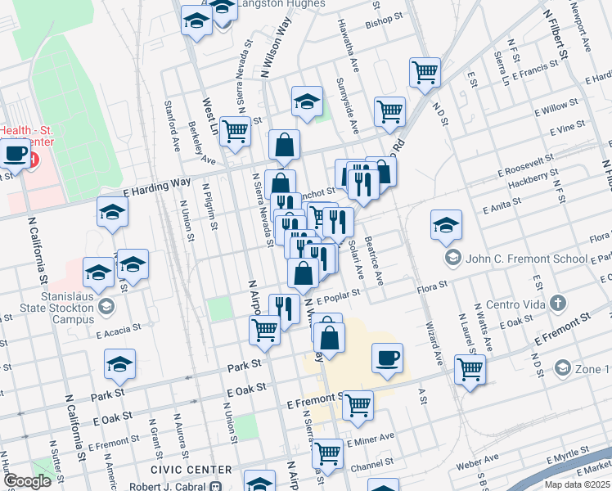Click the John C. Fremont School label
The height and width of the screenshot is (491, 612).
click(527, 259)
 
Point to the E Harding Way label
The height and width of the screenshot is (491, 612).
click(156, 186)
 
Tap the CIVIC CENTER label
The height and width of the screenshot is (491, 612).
click(185, 469)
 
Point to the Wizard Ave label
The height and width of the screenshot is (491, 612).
click(434, 342)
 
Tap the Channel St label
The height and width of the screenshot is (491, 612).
click(370, 465)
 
